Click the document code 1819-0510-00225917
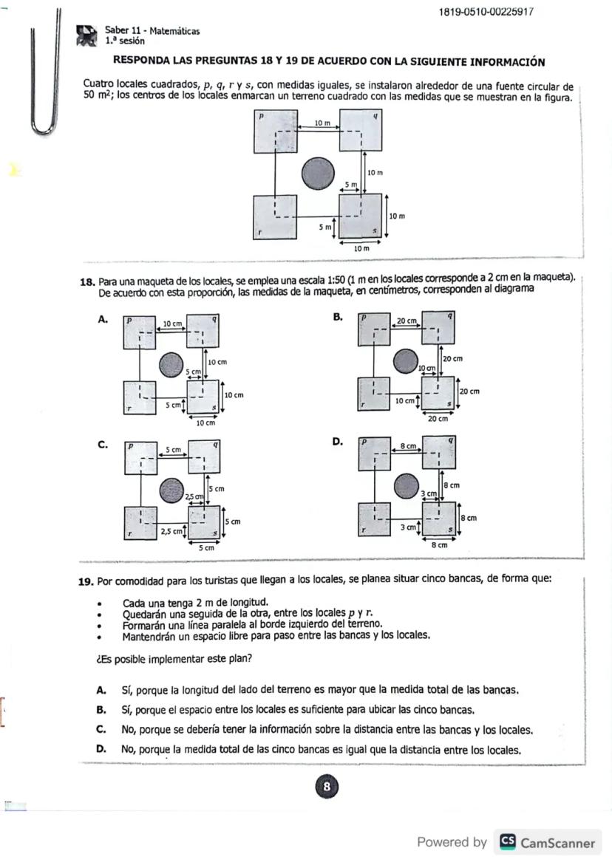(486, 12)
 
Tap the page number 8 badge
(326, 787)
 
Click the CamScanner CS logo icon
(507, 842)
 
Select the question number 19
(86, 581)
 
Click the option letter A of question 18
(103, 319)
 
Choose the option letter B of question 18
(337, 316)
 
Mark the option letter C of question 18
(103, 445)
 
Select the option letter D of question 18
(337, 442)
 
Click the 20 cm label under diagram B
(438, 419)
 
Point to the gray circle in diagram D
(406, 486)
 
